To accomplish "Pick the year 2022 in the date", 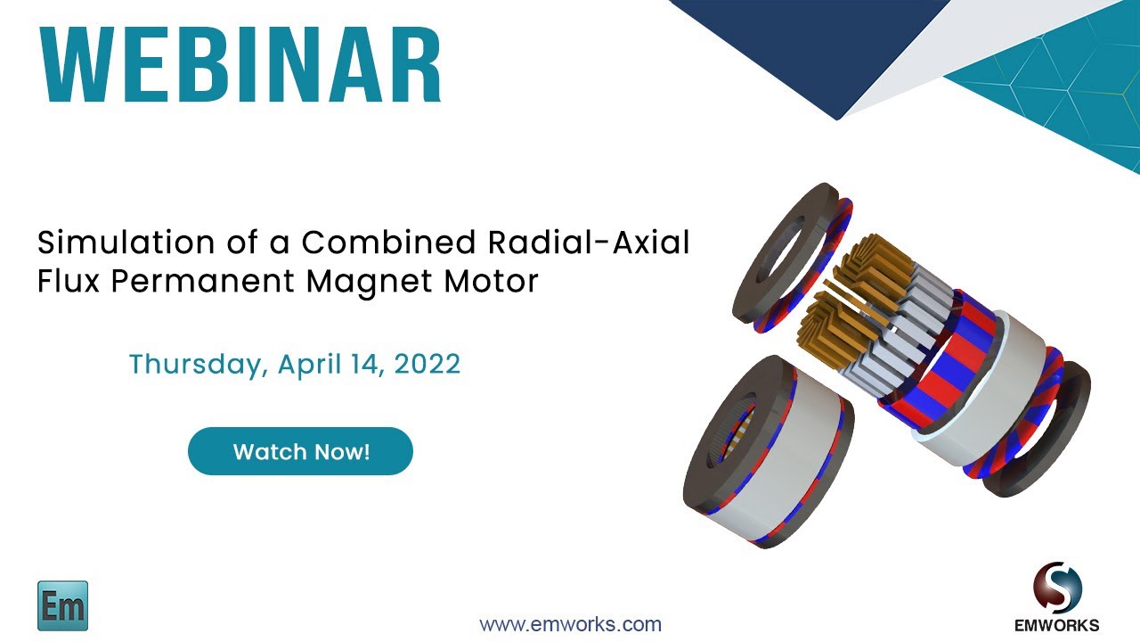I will click(428, 365).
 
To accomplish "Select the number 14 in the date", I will click(371, 365).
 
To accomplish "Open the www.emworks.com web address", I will click(570, 624).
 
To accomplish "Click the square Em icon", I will click(62, 605).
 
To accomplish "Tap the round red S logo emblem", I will click(1057, 587).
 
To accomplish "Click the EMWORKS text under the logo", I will click(1057, 625).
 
